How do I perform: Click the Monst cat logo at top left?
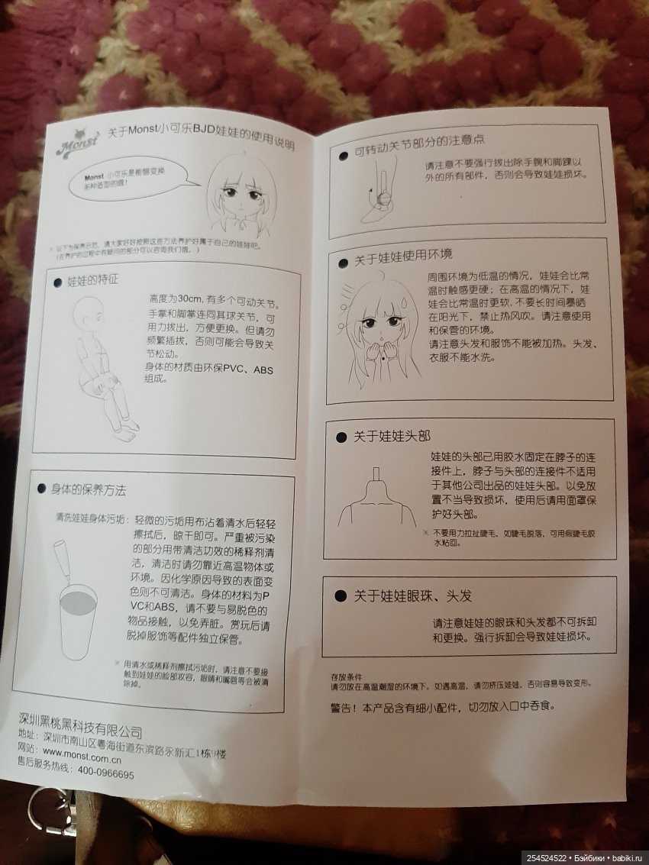tap(76, 144)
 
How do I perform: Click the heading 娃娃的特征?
tap(93, 280)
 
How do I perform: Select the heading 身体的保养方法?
tap(89, 489)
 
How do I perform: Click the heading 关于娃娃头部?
tap(392, 436)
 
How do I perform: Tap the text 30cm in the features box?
tap(186, 296)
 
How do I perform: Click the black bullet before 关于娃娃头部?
tap(341, 437)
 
